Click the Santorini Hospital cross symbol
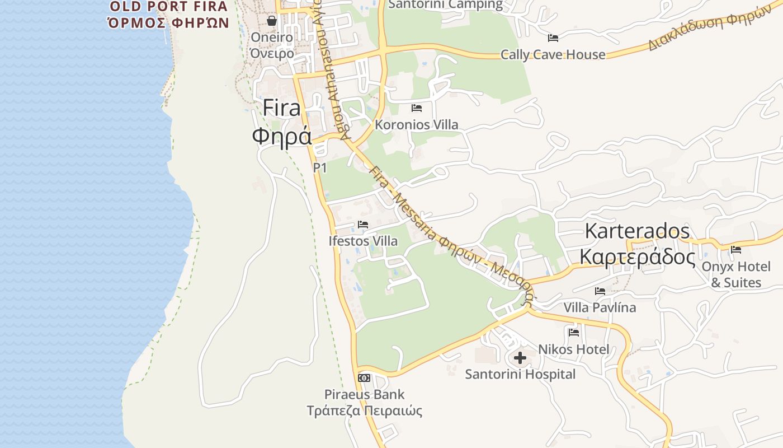point(520,357)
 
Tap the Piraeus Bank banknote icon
point(364,378)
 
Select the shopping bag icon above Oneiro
point(272,21)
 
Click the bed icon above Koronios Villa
point(417,108)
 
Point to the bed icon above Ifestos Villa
point(363,225)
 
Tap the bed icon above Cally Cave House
point(553,38)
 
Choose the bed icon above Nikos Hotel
point(574,332)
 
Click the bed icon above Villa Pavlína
point(600,291)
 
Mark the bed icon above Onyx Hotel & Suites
point(736,250)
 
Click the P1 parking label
point(320,167)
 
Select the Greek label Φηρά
point(281,136)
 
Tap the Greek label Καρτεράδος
point(637,257)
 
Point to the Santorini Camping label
point(445,4)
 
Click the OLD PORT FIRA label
point(169,7)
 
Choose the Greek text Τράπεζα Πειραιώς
point(364,410)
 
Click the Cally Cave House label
point(553,54)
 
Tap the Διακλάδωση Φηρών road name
point(710,29)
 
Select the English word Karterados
point(638,231)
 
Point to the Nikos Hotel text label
point(574,349)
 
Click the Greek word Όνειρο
point(272,54)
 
